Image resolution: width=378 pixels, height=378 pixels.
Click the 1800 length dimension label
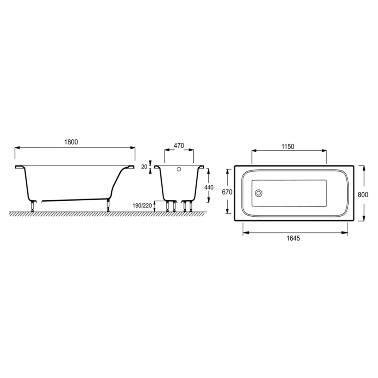71,142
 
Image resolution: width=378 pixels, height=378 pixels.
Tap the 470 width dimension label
179,146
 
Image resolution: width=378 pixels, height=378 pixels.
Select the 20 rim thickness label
144,167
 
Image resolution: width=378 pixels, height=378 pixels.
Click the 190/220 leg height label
142,206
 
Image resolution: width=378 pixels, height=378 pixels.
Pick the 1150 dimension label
288,146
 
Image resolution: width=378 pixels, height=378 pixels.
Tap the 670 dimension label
227,192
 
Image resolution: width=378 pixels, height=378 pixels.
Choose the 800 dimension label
363,194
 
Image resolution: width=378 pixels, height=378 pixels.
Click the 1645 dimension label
294,238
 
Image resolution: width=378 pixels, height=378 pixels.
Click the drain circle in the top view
259,193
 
